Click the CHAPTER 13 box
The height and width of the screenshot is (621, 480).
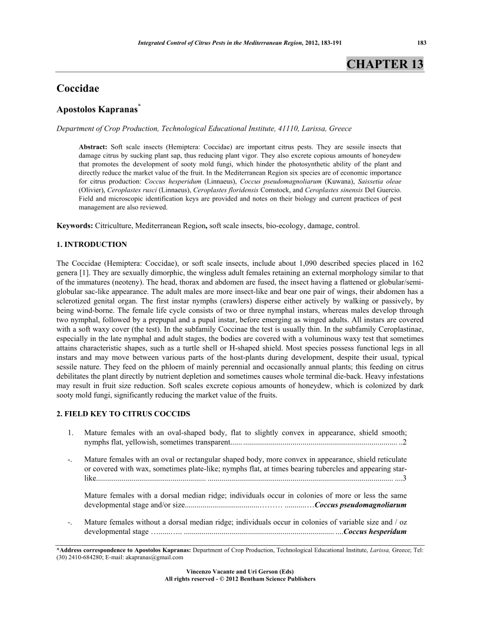click(x=385, y=64)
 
